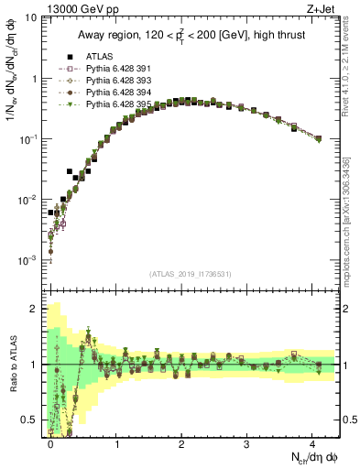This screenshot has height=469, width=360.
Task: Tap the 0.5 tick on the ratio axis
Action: point(31,420)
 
